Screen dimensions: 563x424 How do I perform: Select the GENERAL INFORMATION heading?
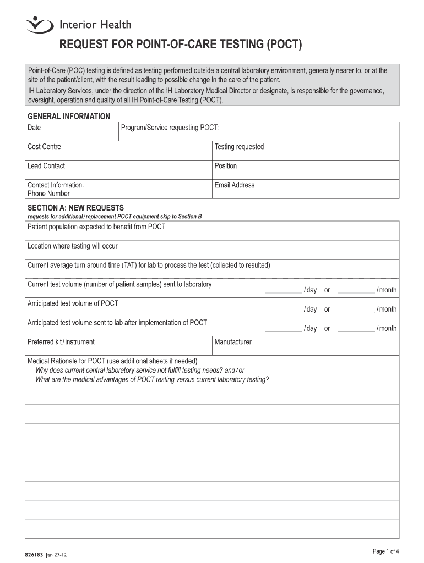click(x=69, y=117)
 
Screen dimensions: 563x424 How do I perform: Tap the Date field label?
click(x=34, y=128)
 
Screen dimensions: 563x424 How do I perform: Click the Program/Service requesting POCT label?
click(x=170, y=128)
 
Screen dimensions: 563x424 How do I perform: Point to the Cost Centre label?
click(x=44, y=147)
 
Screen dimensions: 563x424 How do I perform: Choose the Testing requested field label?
click(x=239, y=147)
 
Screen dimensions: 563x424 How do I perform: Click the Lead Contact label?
click(x=46, y=166)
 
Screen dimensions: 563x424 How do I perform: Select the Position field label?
click(x=226, y=166)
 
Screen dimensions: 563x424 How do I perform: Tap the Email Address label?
click(x=235, y=185)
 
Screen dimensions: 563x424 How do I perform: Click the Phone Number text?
click(x=48, y=194)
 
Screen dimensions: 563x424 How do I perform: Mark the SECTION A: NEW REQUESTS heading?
click(x=75, y=208)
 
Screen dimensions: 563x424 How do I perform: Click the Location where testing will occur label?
click(x=72, y=246)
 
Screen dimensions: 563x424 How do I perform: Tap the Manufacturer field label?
click(x=233, y=342)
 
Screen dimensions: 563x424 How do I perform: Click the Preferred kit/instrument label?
click(x=61, y=342)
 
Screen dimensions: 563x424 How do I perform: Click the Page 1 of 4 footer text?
click(x=385, y=551)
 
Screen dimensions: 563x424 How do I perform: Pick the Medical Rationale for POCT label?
click(x=112, y=361)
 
